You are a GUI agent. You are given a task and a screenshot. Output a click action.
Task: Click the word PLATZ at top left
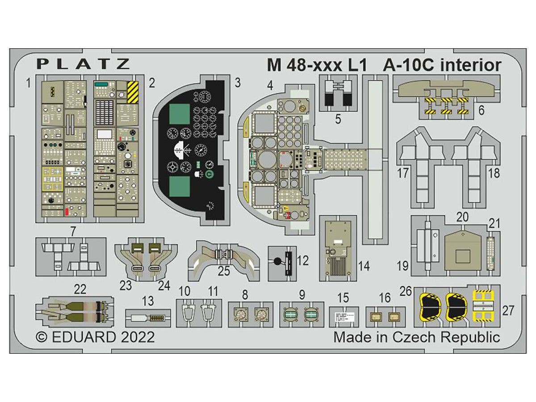pos(83,64)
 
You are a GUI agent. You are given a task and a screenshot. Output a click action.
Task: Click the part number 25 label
pos(224,271)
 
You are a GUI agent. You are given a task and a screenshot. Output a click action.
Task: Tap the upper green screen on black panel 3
pos(180,113)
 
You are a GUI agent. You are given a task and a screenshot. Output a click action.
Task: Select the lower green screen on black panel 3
pos(180,186)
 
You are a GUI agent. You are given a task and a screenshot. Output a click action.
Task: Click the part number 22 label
pos(80,290)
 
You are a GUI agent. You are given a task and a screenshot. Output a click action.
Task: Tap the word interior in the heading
pos(471,65)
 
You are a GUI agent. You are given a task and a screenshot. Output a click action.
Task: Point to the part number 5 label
pos(338,119)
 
